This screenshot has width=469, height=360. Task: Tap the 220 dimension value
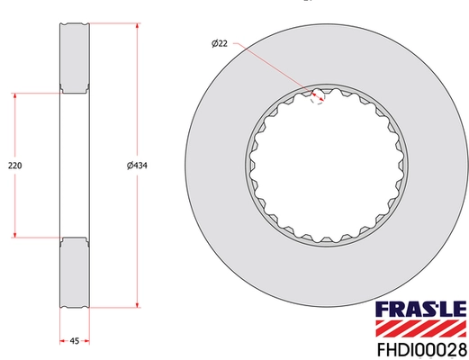pyautogui.click(x=14, y=166)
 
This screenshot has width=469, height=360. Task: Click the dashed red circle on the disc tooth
pyautogui.click(x=316, y=94)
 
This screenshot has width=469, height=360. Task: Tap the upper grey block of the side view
pyautogui.click(x=74, y=56)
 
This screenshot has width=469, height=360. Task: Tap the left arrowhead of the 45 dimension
pyautogui.click(x=61, y=340)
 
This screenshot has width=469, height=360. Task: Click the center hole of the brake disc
pyautogui.click(x=325, y=166)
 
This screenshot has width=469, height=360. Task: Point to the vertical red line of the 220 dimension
pyautogui.click(x=14, y=126)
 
